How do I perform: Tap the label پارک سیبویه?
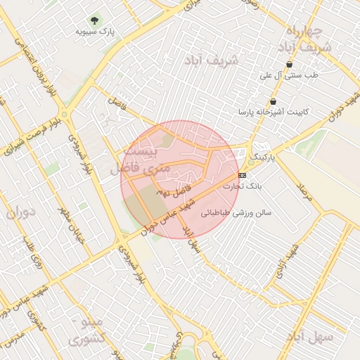pyautogui.click(x=96, y=32)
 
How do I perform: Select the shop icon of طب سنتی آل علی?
pyautogui.click(x=289, y=64)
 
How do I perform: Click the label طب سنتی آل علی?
pyautogui.click(x=289, y=75)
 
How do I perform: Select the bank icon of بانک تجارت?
pyautogui.click(x=243, y=174)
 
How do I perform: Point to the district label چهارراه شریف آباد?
pyautogui.click(x=304, y=39)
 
